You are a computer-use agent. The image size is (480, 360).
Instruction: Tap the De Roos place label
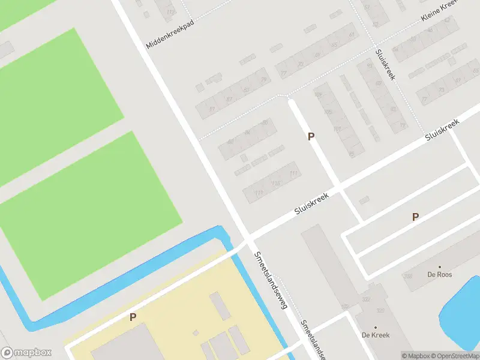click(440, 275)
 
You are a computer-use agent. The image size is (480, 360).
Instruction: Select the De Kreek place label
click(376, 335)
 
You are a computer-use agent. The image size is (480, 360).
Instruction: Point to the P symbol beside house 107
click(311, 137)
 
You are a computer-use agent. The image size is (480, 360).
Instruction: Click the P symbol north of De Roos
click(415, 217)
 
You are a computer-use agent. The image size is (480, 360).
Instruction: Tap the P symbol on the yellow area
click(133, 317)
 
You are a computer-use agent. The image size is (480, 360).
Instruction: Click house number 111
click(293, 174)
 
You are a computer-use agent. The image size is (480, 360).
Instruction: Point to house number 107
click(337, 129)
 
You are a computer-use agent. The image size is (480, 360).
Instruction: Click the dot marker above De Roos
click(440, 267)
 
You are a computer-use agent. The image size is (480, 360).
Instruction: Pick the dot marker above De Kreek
click(376, 328)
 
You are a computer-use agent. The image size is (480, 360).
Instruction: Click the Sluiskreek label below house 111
click(312, 204)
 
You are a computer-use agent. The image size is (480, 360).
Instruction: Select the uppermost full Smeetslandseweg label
click(271, 280)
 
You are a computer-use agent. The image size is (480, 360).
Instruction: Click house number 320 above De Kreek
click(380, 311)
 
